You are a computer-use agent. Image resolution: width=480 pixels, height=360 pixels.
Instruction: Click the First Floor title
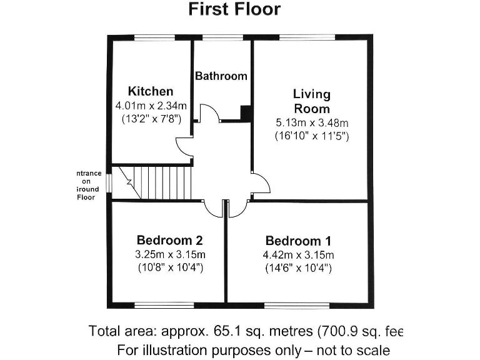(234, 9)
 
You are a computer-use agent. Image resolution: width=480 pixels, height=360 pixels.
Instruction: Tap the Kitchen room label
(151, 91)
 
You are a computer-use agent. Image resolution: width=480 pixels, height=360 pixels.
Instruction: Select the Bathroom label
(221, 76)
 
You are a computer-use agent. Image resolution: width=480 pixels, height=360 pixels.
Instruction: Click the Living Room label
(312, 101)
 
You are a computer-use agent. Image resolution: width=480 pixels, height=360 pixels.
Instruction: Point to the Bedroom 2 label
(169, 240)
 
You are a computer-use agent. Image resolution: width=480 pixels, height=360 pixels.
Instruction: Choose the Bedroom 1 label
(298, 241)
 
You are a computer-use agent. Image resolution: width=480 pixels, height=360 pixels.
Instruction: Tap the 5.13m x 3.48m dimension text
(312, 122)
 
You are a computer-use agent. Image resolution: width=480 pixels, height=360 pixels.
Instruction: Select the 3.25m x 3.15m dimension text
(169, 254)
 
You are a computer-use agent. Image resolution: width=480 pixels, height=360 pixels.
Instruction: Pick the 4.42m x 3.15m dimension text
(298, 254)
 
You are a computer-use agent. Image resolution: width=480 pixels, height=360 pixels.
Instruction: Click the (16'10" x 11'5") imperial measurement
(312, 135)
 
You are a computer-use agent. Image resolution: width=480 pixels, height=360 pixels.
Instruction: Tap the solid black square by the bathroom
(246, 113)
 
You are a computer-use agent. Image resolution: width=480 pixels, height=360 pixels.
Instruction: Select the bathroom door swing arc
(208, 112)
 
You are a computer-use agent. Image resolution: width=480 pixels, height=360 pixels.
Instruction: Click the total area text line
(247, 331)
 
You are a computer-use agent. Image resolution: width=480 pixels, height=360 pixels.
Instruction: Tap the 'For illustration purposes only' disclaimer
(253, 349)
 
